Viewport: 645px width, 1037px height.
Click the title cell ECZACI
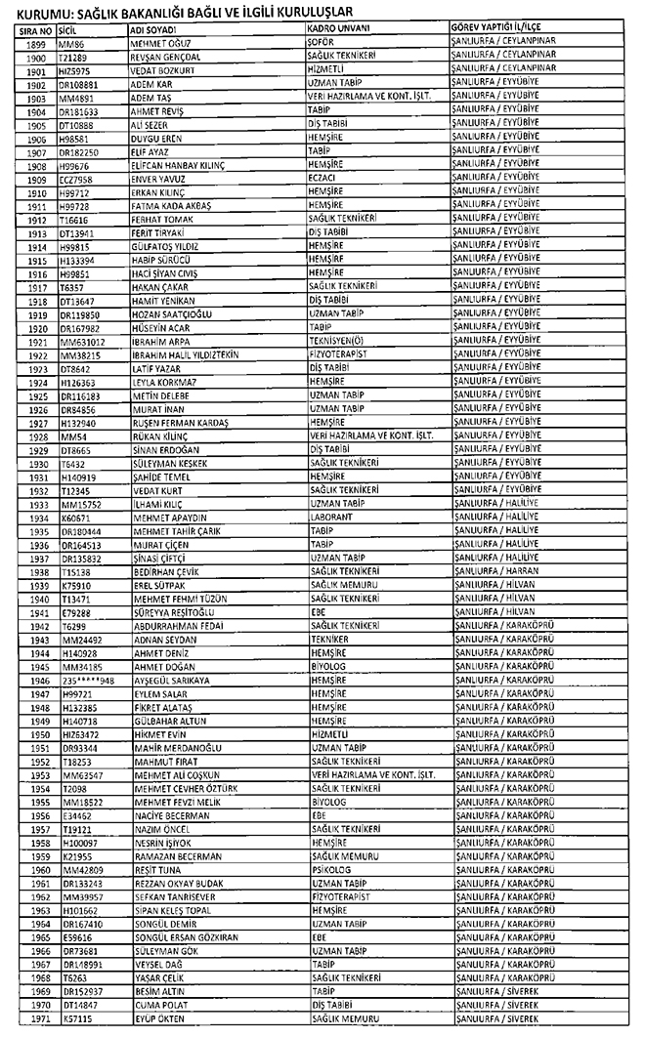tap(323, 180)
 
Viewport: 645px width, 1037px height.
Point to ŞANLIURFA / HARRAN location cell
tap(494, 572)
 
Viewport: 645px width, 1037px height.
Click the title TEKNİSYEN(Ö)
tap(333, 343)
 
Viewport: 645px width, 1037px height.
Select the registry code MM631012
tap(81, 343)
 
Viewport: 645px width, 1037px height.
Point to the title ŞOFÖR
tap(322, 44)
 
